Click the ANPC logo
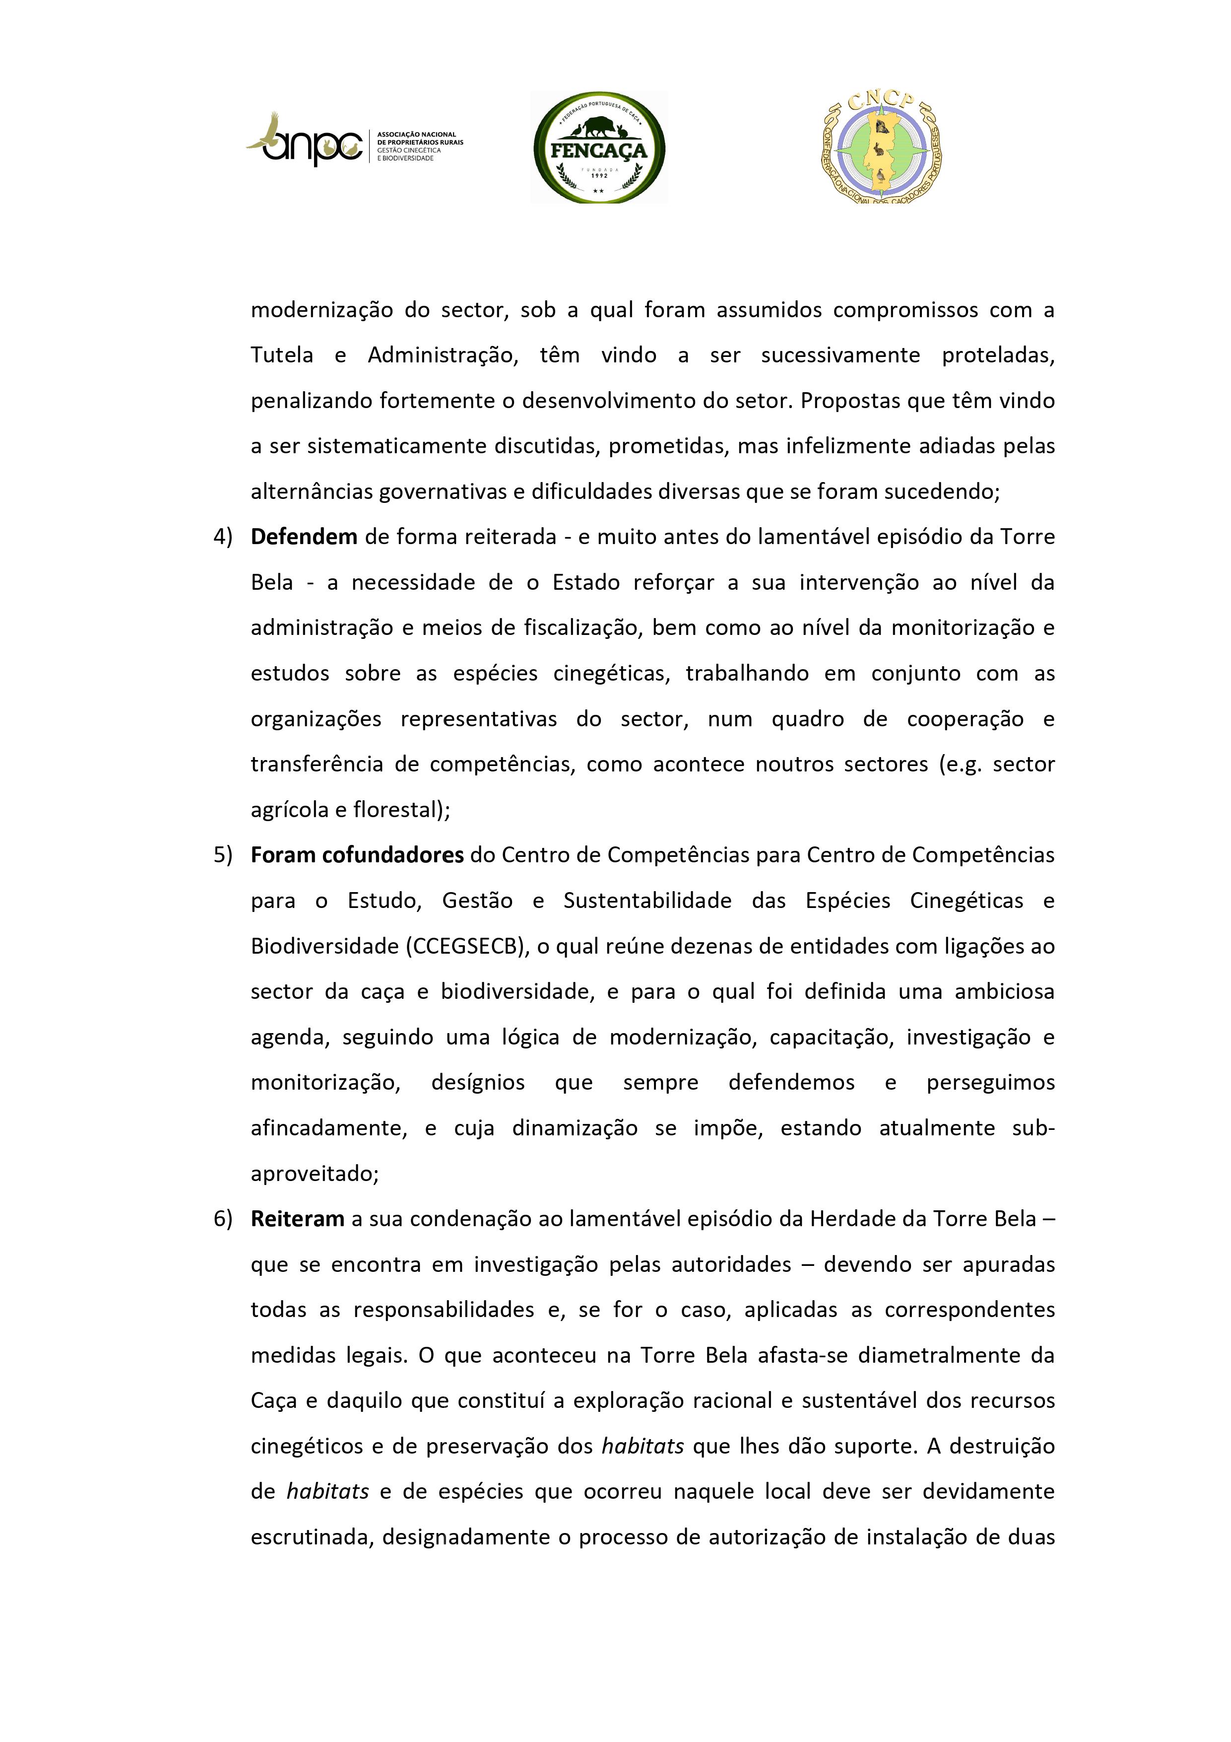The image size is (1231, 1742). [353, 142]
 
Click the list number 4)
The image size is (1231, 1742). [222, 537]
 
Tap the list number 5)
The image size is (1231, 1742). [222, 855]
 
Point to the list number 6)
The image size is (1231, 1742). [222, 1219]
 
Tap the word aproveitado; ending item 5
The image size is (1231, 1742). [315, 1174]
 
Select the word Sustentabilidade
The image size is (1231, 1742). [647, 901]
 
